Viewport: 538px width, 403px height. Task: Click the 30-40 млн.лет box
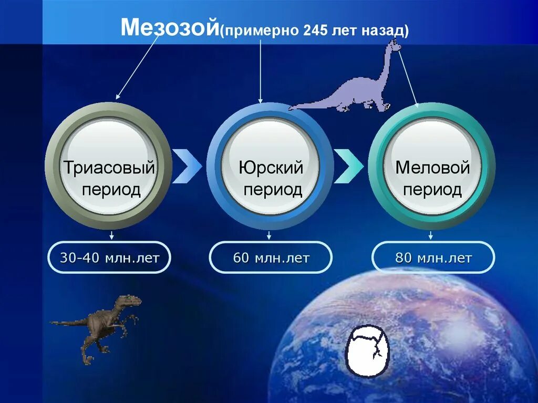point(109,257)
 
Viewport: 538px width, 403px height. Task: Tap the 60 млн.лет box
point(271,257)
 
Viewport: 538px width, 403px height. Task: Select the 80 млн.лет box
point(433,257)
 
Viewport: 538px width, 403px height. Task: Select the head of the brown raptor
point(131,301)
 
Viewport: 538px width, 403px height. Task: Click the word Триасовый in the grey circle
point(109,168)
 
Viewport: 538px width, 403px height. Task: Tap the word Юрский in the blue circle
point(271,168)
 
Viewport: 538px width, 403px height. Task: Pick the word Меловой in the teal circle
point(432,168)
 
